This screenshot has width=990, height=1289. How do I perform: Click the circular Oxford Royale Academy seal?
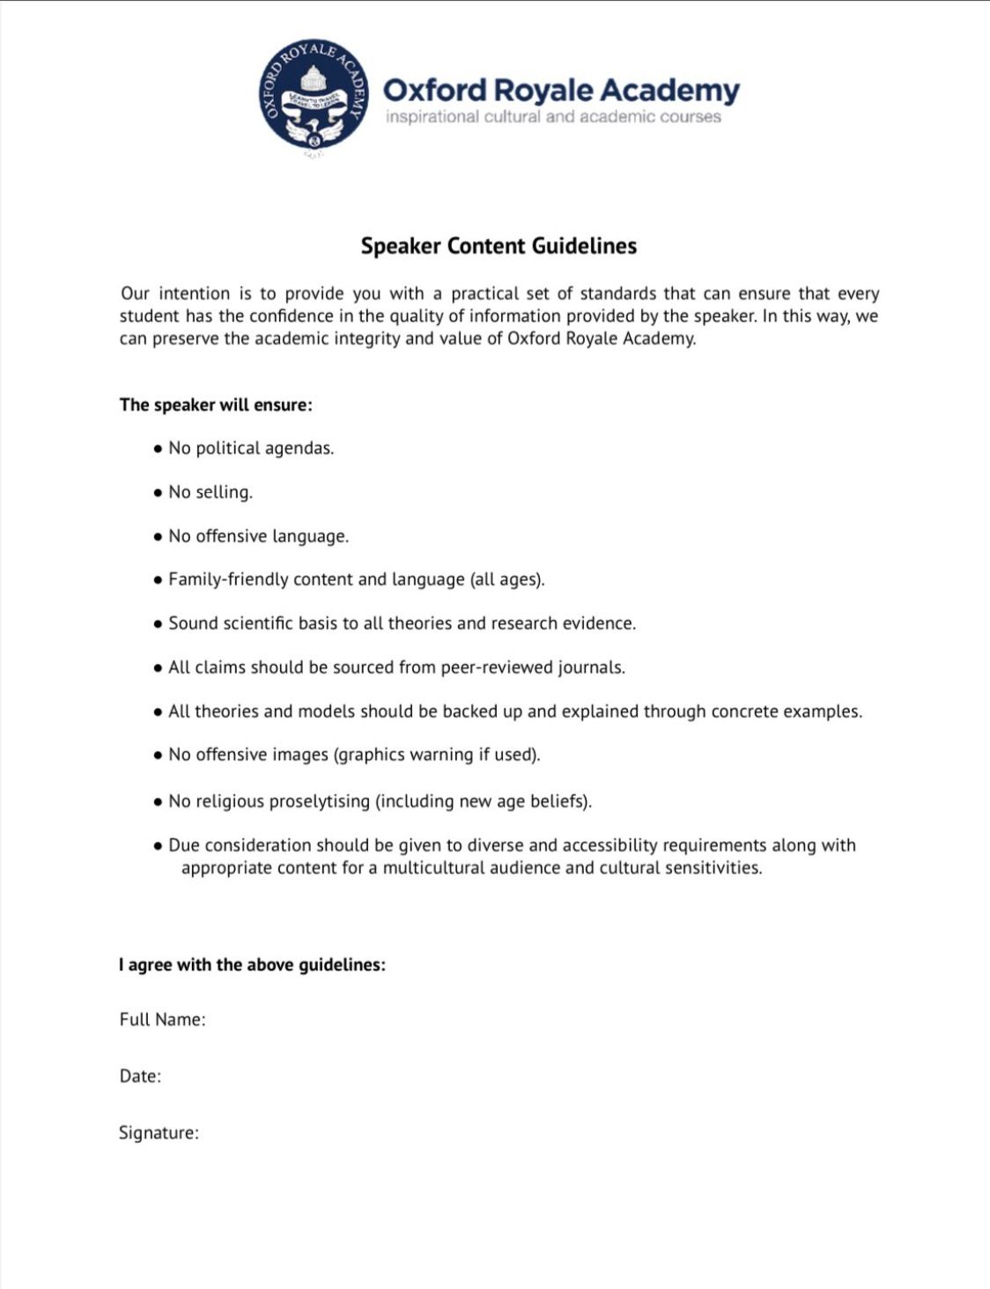(x=314, y=95)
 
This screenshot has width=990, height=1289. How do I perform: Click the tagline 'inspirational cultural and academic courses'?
(x=553, y=117)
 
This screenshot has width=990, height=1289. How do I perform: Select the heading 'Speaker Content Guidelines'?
(x=499, y=246)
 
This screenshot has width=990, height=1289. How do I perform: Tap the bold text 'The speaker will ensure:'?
(x=216, y=405)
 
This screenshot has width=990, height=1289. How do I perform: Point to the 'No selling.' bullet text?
(x=211, y=492)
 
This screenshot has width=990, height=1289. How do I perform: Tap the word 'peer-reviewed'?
(x=496, y=667)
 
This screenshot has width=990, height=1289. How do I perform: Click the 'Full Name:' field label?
(x=162, y=1020)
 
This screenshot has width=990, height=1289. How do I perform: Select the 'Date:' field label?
(x=140, y=1076)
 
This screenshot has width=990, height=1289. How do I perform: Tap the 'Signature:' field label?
(x=159, y=1133)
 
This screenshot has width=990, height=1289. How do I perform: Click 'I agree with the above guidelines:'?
(x=252, y=965)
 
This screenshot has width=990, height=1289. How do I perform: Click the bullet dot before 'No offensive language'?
(x=158, y=536)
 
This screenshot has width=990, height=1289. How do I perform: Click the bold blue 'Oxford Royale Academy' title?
(x=561, y=90)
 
